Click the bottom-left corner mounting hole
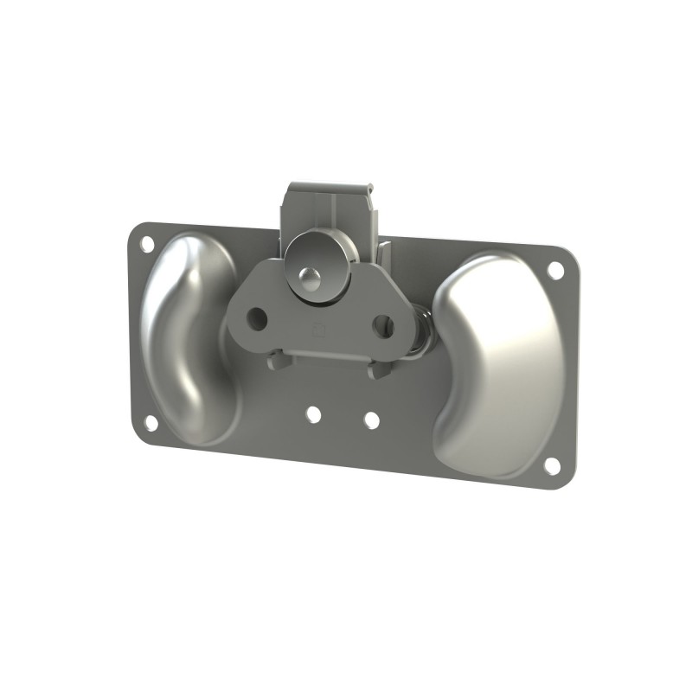(151, 423)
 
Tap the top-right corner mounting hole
(555, 270)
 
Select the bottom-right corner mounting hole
(551, 465)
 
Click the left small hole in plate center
(313, 415)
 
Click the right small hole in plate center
(371, 420)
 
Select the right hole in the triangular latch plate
(383, 326)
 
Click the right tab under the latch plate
(379, 370)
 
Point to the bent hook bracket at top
(333, 212)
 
